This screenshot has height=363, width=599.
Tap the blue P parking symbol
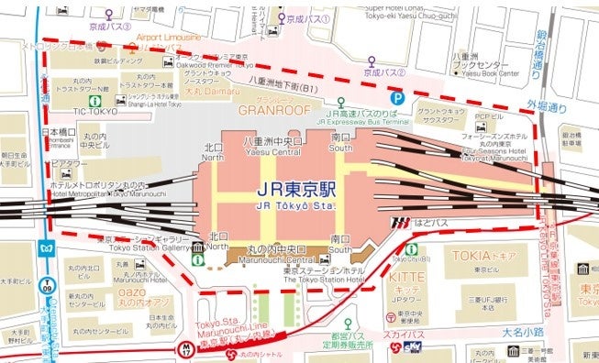click(x=398, y=96)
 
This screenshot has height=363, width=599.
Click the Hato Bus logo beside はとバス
click(x=399, y=221)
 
